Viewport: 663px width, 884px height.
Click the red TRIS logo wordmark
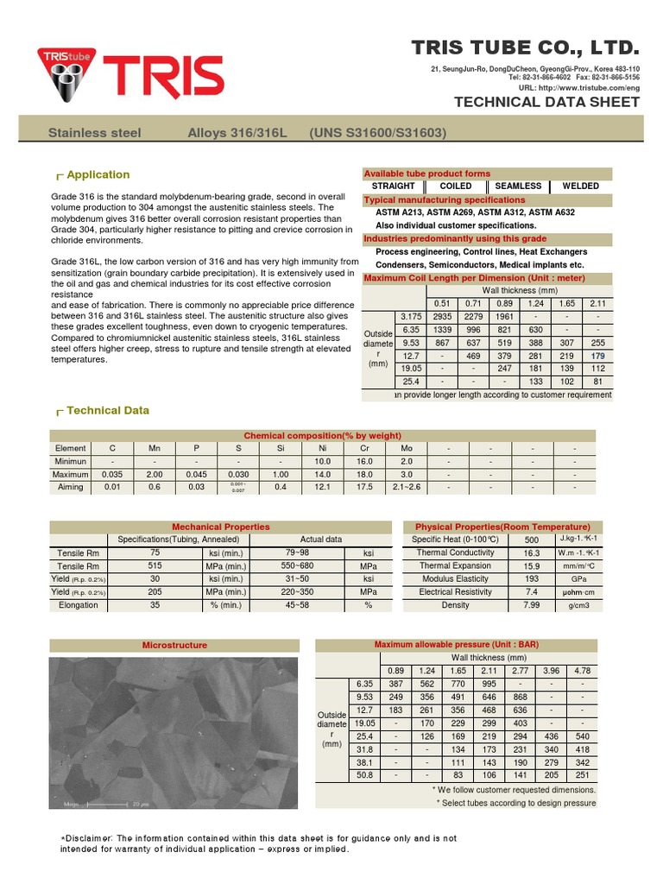164,76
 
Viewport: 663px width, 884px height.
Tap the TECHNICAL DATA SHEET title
546,102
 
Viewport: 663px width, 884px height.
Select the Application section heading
98,174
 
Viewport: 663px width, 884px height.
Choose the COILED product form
456,186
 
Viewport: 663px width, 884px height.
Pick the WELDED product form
580,186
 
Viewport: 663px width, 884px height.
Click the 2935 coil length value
443,317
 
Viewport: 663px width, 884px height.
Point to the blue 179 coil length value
597,356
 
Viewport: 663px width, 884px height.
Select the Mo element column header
407,449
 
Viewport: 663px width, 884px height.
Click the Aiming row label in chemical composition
70,487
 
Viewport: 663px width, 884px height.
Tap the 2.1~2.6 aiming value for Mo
407,487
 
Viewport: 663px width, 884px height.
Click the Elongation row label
79,606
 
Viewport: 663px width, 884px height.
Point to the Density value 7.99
532,605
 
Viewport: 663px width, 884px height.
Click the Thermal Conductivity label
455,552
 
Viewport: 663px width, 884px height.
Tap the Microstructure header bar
174,645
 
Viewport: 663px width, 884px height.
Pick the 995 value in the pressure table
489,684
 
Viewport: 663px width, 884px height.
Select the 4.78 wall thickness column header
583,671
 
